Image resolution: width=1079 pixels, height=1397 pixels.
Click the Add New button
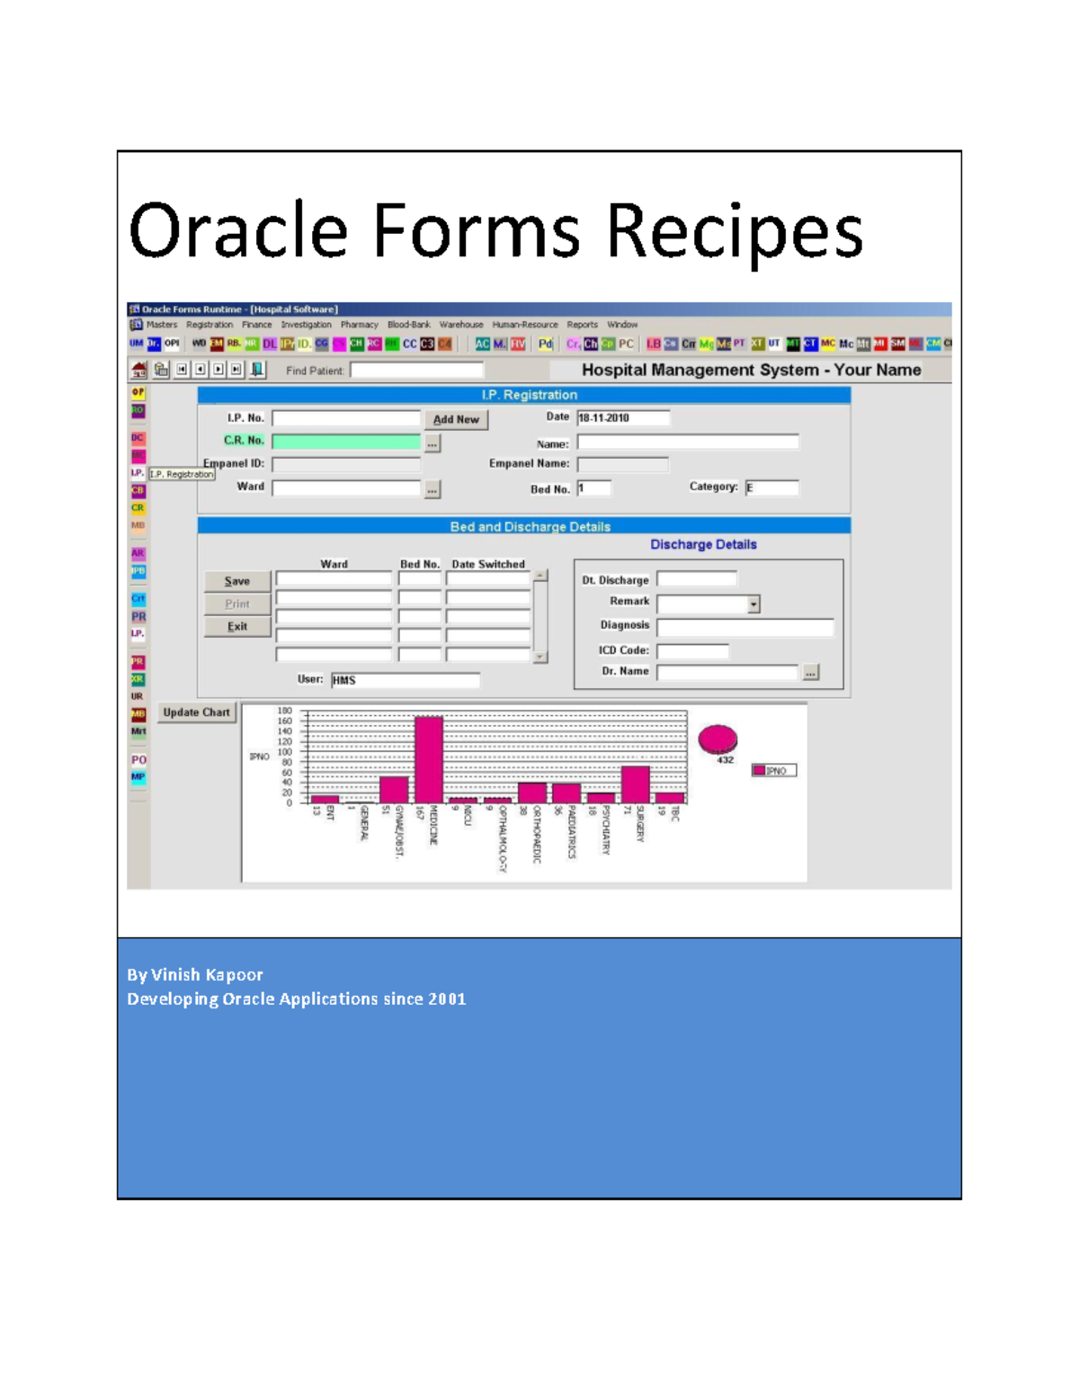[456, 419]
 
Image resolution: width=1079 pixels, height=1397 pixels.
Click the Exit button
[237, 627]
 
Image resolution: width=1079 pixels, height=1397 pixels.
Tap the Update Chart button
[196, 712]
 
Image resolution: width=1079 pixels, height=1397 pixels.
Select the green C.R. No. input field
[346, 442]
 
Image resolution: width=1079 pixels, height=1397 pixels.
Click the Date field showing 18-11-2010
[622, 417]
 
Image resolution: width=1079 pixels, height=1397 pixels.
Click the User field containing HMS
[405, 680]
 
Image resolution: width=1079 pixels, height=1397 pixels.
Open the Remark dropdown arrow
[754, 604]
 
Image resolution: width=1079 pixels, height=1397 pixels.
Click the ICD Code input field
[692, 650]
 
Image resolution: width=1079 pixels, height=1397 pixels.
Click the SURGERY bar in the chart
[636, 784]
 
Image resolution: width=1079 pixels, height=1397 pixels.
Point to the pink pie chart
[718, 739]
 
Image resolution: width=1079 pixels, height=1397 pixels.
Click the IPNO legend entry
[773, 771]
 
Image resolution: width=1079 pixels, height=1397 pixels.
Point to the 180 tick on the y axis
[284, 711]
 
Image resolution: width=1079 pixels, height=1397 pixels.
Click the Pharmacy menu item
[359, 325]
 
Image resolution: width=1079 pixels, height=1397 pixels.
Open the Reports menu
[582, 325]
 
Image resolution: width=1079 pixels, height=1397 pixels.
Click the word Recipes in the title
[734, 231]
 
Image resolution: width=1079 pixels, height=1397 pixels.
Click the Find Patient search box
[416, 370]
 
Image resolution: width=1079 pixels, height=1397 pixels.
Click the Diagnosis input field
[745, 627]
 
